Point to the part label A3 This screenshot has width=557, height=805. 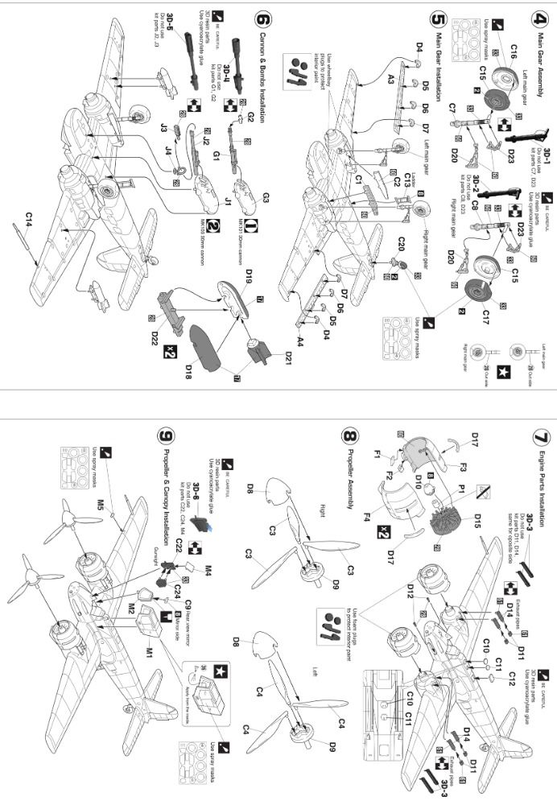pyautogui.click(x=390, y=78)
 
